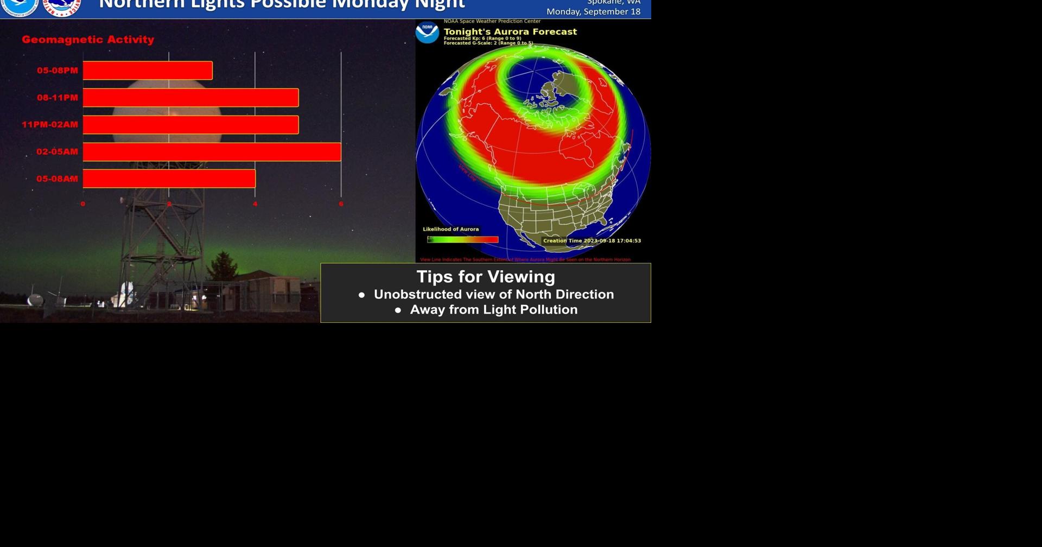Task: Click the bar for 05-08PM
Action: [147, 71]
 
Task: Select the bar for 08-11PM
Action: [190, 98]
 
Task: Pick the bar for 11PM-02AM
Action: [190, 125]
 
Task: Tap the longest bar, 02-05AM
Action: [212, 152]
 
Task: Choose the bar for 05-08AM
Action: [169, 179]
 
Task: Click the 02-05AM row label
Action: [57, 152]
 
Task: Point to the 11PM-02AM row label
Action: [50, 125]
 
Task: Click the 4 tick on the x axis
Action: [255, 204]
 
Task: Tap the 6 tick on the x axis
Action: [341, 204]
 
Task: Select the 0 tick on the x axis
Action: [83, 204]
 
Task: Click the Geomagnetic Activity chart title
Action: [88, 40]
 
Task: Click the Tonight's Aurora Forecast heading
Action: [510, 31]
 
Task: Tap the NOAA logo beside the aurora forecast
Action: [427, 33]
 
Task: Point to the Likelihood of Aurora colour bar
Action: [463, 239]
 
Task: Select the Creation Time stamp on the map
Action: [592, 240]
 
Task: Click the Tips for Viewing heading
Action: [486, 277]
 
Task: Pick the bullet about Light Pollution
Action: [493, 310]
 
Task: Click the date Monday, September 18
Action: [593, 11]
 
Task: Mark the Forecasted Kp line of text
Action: [482, 39]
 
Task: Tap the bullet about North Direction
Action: [493, 295]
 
